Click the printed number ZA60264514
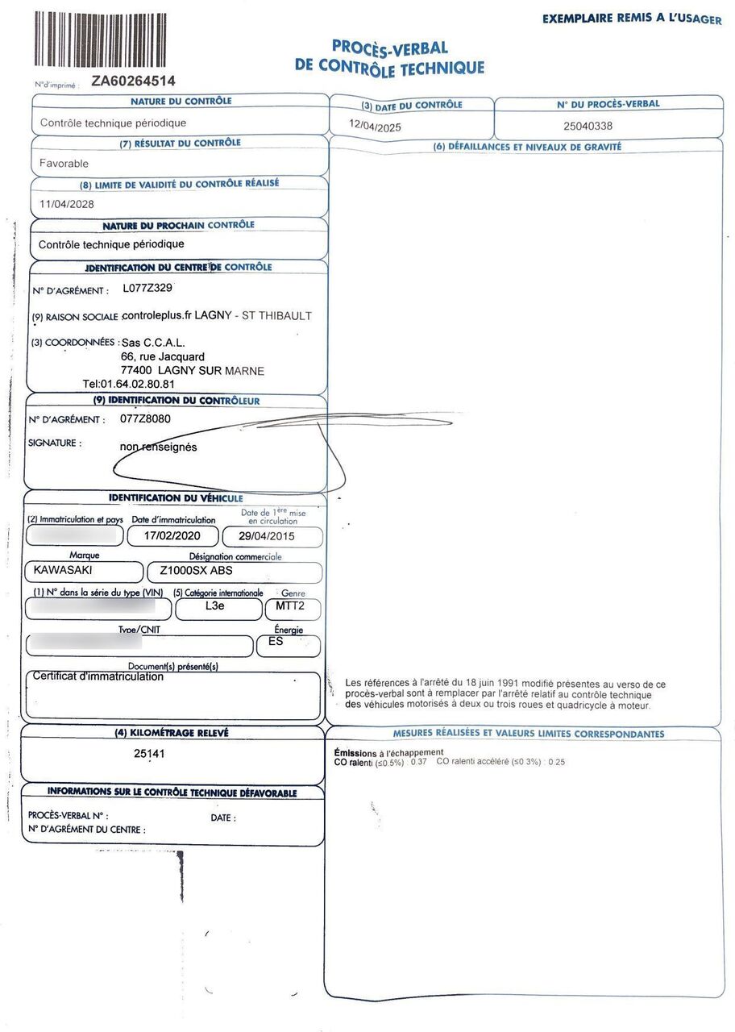coord(133,81)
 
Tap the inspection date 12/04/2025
coord(375,127)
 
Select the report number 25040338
coord(588,126)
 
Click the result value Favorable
coord(64,163)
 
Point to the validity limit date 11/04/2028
coord(67,204)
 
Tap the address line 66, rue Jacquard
coord(162,356)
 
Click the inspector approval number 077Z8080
coord(145,419)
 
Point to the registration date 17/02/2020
coord(172,536)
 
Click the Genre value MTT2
coord(292,606)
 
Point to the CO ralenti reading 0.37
coord(418,762)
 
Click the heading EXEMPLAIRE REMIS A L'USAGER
coord(631,18)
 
